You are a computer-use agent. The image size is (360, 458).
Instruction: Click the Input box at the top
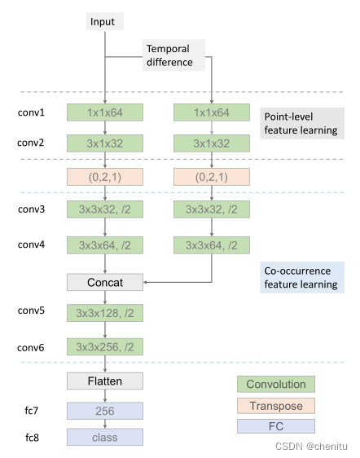[x=104, y=22]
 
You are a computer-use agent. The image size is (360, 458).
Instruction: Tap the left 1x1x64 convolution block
[x=105, y=112]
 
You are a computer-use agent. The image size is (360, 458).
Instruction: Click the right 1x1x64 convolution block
[x=212, y=112]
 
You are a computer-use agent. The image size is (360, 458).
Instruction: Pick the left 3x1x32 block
[x=105, y=143]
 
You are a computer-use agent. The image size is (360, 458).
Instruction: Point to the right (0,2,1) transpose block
[x=212, y=177]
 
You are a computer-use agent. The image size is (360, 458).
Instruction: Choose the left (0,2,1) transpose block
[x=105, y=177]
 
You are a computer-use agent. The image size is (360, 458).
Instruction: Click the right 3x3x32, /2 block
[x=212, y=210]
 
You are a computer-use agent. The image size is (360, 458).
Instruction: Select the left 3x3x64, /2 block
[x=105, y=244]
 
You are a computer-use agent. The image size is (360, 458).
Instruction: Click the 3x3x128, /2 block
[x=105, y=313]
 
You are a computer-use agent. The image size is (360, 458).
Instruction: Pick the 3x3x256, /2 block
[x=105, y=346]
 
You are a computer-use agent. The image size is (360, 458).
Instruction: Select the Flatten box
[x=105, y=380]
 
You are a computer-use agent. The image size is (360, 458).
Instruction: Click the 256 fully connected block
[x=105, y=412]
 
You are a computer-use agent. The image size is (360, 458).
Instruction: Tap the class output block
[x=105, y=438]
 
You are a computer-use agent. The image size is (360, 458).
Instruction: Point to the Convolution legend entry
[x=276, y=384]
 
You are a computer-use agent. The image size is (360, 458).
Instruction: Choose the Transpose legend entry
[x=276, y=405]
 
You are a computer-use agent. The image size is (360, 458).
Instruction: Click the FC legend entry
[x=276, y=426]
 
